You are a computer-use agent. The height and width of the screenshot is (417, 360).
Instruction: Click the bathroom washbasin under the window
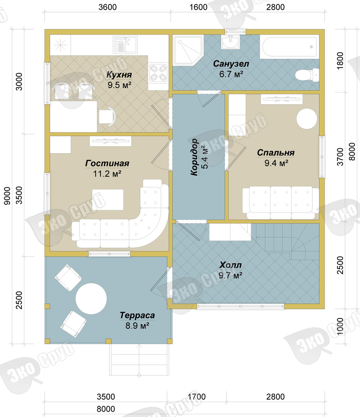230,42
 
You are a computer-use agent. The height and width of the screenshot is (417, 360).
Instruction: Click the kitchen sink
125,45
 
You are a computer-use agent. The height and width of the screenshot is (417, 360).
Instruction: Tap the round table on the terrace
91,299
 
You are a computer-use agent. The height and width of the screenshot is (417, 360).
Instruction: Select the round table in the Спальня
307,119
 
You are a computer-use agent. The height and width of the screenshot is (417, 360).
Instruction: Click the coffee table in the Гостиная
108,200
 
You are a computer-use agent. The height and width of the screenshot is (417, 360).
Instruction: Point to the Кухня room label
119,75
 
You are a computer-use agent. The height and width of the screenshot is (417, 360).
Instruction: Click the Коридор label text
194,157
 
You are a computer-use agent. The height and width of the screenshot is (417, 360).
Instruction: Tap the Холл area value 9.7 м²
230,275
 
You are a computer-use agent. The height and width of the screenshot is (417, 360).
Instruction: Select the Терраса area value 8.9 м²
137,326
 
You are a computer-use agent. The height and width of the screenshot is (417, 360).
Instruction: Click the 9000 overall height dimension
7,196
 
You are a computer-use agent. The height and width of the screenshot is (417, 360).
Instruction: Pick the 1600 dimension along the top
198,7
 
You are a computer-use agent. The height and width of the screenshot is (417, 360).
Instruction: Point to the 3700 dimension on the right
340,157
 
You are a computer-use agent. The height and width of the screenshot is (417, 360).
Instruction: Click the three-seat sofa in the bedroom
281,203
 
